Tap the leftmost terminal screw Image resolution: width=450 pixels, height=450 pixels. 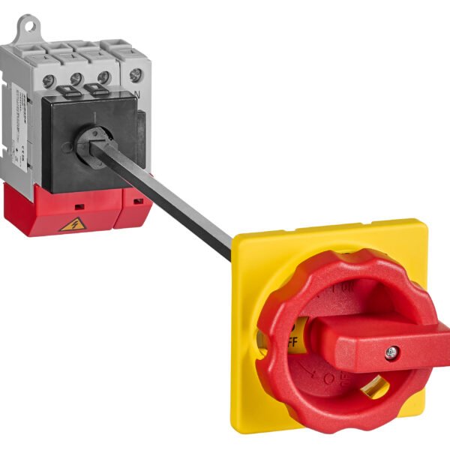[x=48, y=81]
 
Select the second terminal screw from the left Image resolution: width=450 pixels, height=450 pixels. [x=76, y=79]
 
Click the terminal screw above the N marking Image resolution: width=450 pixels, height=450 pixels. [x=135, y=74]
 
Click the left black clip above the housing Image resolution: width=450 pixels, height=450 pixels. [x=65, y=92]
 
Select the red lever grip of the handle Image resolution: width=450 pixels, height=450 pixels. [x=382, y=341]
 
